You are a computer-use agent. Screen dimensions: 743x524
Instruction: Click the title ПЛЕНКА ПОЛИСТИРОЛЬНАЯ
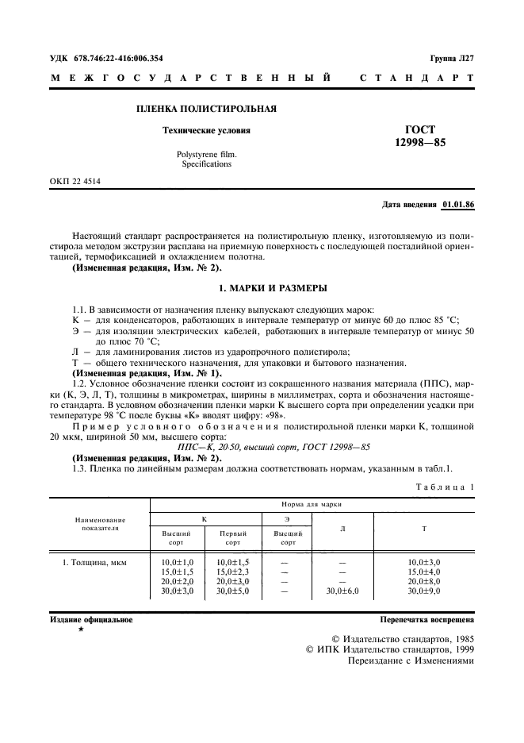[x=207, y=109]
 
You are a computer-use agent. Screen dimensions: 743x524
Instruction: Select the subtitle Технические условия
[x=206, y=130]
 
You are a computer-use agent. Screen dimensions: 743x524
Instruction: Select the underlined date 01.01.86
[x=458, y=205]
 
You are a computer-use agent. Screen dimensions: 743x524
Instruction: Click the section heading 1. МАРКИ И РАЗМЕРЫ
[x=262, y=287]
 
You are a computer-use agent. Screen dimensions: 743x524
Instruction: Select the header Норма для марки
[x=312, y=504]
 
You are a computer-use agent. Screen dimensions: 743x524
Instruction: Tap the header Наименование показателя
[x=99, y=523]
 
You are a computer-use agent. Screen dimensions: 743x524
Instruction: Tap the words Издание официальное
[x=91, y=619]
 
